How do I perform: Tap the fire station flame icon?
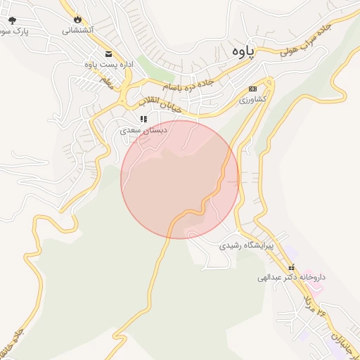click(x=77, y=20)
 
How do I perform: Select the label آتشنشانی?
click(x=77, y=30)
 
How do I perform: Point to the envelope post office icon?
click(x=108, y=54)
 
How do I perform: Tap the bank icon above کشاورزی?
click(x=253, y=89)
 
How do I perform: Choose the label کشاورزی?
click(x=252, y=100)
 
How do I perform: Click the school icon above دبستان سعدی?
click(x=143, y=120)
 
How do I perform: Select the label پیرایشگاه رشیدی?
click(x=246, y=247)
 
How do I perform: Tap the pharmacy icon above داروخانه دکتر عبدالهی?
click(x=292, y=266)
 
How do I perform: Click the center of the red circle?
click(x=179, y=179)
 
